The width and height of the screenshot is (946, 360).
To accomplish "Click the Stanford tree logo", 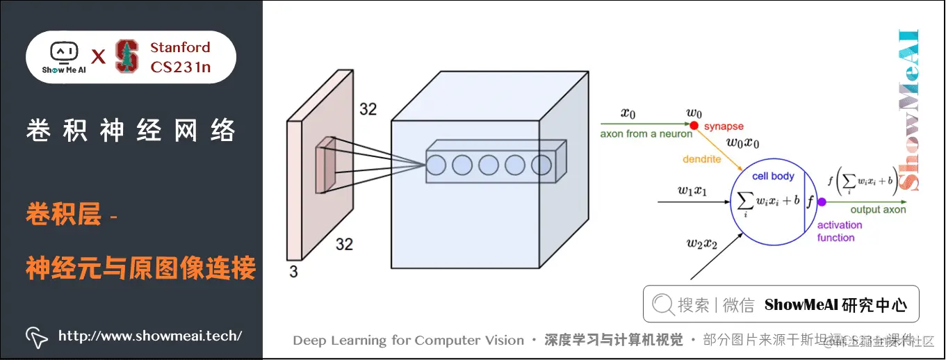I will [x=127, y=56].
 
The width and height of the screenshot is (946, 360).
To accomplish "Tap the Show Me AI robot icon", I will [x=64, y=53].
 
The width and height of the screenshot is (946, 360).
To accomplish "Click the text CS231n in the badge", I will [x=180, y=67].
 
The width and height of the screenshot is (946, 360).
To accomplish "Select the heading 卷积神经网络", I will [x=131, y=131].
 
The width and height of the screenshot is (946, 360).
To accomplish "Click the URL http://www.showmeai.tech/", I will [x=150, y=336].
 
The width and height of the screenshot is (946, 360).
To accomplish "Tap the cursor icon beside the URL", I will [x=36, y=336].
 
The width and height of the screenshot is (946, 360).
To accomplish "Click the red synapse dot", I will [x=694, y=126].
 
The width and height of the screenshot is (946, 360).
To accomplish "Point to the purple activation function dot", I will [x=821, y=202].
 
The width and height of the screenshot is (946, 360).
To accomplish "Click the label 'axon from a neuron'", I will [x=646, y=133].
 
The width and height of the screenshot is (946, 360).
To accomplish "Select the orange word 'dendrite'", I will [x=702, y=159].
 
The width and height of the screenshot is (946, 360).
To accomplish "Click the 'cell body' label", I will [x=773, y=176].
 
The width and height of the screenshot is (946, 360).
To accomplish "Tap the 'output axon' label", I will [x=878, y=209].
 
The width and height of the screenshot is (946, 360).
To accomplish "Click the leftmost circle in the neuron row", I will [x=436, y=165].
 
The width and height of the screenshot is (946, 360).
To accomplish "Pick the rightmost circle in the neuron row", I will [x=541, y=165].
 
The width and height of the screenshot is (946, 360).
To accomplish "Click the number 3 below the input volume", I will [x=293, y=272].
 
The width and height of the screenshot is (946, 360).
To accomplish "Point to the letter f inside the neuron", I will [x=810, y=202].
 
